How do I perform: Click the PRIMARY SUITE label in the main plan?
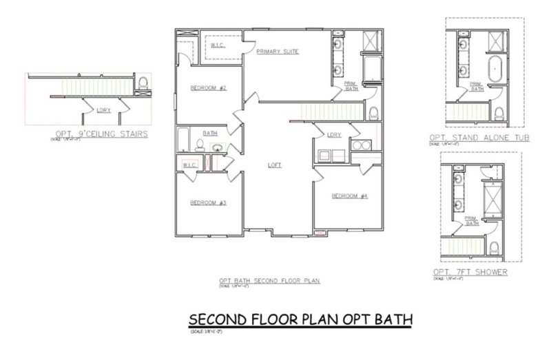[x=277, y=52]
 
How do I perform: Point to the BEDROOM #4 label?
[x=350, y=195]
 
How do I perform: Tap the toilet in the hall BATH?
[x=198, y=145]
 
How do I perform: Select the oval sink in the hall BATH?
[x=216, y=147]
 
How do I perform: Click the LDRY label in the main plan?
[x=334, y=134]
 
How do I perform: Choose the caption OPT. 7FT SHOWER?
[x=470, y=272]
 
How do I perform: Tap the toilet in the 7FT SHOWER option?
[x=493, y=247]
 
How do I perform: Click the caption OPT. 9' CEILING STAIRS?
[x=101, y=134]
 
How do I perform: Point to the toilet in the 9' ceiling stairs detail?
[x=143, y=83]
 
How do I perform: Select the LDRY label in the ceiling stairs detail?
[x=104, y=109]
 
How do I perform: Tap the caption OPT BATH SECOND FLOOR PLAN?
[x=270, y=281]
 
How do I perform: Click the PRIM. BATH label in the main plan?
[x=351, y=85]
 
